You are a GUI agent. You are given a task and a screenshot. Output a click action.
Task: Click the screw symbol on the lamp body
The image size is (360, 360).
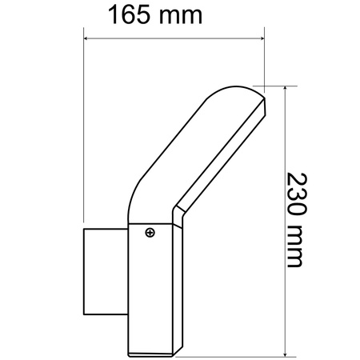tap(150, 234)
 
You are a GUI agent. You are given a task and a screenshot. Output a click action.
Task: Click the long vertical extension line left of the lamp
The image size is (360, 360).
tap(84, 128)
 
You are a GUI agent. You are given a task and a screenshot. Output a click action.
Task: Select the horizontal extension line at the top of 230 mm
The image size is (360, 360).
tap(276, 85)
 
